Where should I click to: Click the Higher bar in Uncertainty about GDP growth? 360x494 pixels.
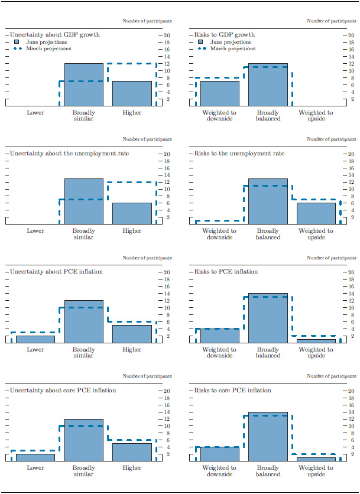132,93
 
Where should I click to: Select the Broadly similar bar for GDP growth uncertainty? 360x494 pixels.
83,84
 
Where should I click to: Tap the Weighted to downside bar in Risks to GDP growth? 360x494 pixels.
219,93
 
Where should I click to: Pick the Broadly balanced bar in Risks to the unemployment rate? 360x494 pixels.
268,201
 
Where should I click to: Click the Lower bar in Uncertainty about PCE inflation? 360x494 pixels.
35,339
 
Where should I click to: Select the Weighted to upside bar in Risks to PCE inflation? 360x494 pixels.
316,341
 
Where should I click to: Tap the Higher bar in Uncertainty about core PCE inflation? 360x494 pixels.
132,452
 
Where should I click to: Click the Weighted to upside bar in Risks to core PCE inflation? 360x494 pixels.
316,459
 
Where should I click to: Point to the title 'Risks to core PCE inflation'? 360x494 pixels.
232,391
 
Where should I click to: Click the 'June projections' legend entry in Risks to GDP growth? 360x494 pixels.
228,42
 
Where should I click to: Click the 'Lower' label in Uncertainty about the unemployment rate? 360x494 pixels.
35,230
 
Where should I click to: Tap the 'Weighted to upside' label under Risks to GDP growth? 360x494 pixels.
316,115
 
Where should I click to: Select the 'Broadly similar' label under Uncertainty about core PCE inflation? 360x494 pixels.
83,471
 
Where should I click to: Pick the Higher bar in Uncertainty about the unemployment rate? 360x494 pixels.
132,213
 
